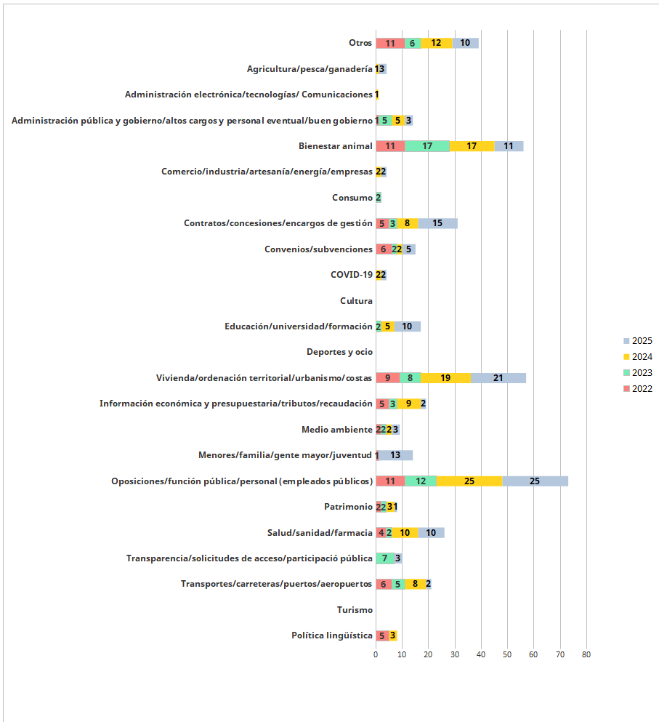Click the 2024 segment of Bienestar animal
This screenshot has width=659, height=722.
pyautogui.click(x=472, y=145)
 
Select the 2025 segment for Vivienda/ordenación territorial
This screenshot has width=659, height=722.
pyautogui.click(x=498, y=377)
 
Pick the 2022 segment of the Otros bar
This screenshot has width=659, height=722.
pyautogui.click(x=390, y=43)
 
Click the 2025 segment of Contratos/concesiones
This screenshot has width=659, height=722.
pyautogui.click(x=437, y=223)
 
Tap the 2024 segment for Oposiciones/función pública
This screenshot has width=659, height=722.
pyautogui.click(x=469, y=481)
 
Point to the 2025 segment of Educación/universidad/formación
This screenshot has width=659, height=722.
pyautogui.click(x=408, y=326)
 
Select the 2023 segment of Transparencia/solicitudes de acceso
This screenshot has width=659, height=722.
pyautogui.click(x=385, y=558)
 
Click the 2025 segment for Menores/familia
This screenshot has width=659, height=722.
pyautogui.click(x=395, y=455)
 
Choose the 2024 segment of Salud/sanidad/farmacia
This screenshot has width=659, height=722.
pyautogui.click(x=405, y=532)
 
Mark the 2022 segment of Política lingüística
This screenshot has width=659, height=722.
pyautogui.click(x=382, y=635)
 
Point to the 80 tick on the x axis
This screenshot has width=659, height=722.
pyautogui.click(x=586, y=654)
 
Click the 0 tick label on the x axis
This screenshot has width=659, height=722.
pyautogui.click(x=376, y=654)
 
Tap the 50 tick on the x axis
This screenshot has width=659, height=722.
pyautogui.click(x=507, y=654)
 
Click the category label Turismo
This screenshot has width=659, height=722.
pyautogui.click(x=355, y=610)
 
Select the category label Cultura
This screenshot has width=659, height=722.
pyautogui.click(x=356, y=300)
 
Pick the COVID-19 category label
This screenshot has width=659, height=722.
pyautogui.click(x=351, y=274)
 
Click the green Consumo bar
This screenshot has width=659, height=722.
pyautogui.click(x=379, y=197)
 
